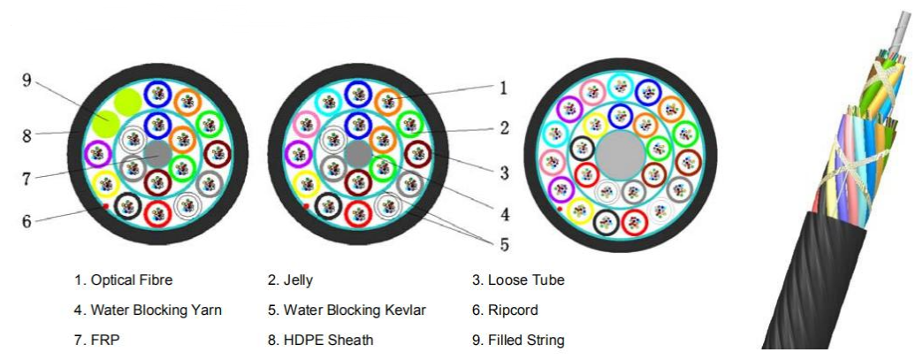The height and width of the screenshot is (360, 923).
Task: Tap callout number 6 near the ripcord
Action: (x=27, y=221)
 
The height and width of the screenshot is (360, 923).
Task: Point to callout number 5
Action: (x=504, y=242)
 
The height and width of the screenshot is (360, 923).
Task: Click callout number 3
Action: (x=503, y=173)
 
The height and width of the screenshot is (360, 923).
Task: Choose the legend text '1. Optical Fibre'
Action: (x=123, y=281)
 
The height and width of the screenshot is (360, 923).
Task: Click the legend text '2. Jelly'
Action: (x=292, y=281)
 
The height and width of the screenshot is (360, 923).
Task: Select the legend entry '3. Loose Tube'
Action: (x=518, y=281)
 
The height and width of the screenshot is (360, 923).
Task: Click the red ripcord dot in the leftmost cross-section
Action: (x=105, y=206)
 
